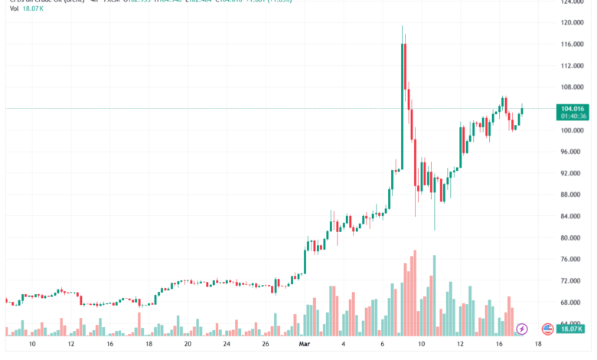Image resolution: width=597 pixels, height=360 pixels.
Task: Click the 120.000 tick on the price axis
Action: point(573,23)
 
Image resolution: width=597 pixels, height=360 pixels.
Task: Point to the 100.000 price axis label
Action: point(573,130)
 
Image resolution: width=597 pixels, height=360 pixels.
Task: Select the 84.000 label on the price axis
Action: point(573,217)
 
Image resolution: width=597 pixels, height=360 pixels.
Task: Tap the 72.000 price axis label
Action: point(573,281)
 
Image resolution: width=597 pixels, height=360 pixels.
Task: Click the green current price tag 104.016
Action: point(573,109)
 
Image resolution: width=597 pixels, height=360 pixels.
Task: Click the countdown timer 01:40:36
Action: point(573,116)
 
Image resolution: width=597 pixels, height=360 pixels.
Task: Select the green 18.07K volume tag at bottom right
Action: point(573,329)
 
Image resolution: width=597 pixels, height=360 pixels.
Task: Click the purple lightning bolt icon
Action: point(522,329)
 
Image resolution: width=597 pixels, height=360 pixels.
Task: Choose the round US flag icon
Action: point(547,329)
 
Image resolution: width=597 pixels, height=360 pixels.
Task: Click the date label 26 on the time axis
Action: point(265,345)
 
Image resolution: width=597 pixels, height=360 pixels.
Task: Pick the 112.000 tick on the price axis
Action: point(573,66)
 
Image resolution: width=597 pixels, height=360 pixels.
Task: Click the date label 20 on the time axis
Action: point(187,345)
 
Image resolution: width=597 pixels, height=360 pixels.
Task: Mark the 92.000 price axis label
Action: point(573,173)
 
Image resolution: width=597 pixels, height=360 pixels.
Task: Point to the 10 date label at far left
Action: point(31,345)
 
